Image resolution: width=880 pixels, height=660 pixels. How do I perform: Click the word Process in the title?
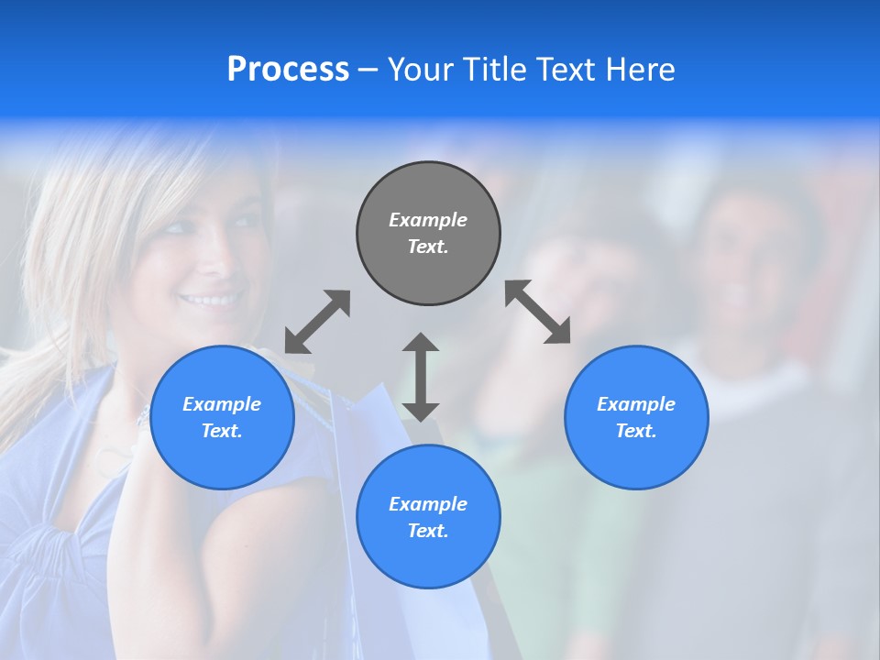coord(288,70)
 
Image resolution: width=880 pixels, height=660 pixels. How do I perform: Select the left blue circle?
coord(222,458)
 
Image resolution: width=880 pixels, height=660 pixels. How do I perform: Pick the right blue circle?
coord(636,458)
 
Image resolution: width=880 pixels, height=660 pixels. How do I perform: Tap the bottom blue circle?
coord(428,559)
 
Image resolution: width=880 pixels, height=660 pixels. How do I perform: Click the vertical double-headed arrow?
coord(421,377)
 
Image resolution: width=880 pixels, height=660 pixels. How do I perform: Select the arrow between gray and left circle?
coord(317,322)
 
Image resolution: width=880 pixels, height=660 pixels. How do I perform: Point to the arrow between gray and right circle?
coord(538,312)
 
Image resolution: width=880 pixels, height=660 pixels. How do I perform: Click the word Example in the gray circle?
coord(428,220)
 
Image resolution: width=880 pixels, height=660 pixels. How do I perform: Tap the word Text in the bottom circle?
coord(426,531)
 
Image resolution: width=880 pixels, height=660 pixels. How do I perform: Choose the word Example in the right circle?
coord(636,404)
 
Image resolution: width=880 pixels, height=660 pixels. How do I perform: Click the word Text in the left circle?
coord(221,431)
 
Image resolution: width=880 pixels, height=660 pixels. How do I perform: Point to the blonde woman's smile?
coord(211,300)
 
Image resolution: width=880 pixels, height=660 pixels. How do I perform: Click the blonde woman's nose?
coord(213,263)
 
